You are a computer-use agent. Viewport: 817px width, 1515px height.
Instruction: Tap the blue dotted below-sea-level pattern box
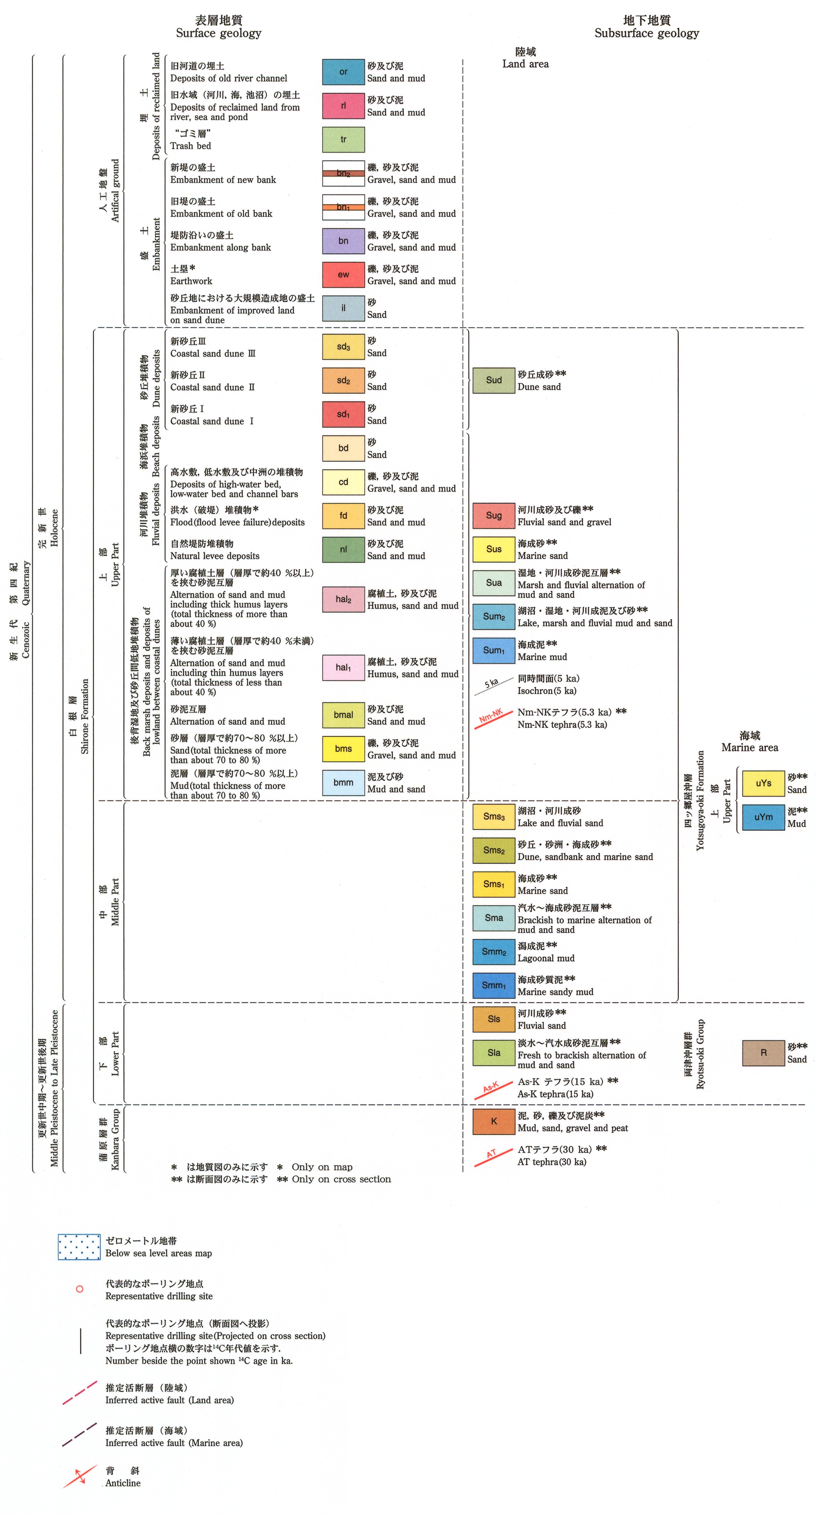point(79,1247)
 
